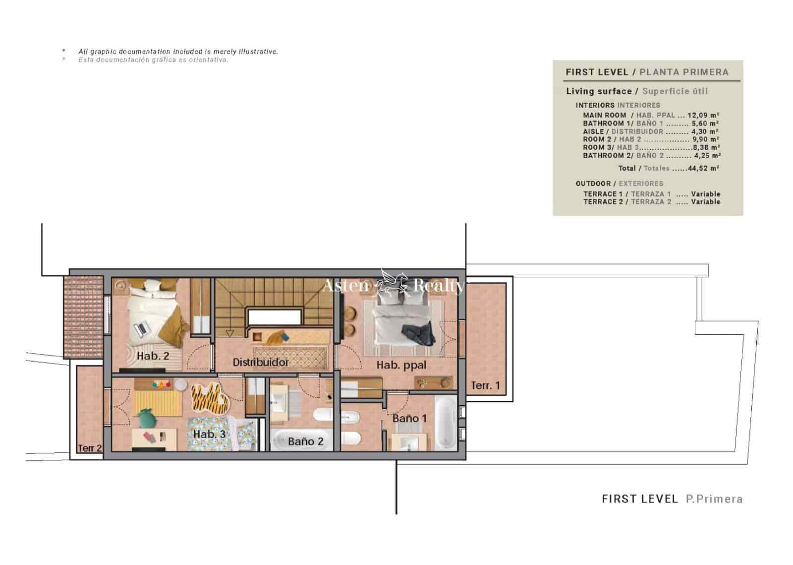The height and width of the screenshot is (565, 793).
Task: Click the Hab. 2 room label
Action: point(153,356)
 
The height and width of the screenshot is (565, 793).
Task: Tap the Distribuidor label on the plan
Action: point(261,363)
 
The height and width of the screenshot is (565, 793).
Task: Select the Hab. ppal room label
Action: point(401,366)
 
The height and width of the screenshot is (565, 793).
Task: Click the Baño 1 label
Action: point(409,419)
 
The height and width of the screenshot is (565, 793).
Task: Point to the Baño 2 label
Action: point(305,441)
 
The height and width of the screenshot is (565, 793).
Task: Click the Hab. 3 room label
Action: point(209,435)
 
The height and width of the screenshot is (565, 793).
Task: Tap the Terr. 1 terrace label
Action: point(485,385)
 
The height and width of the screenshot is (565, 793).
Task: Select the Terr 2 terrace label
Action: point(90,448)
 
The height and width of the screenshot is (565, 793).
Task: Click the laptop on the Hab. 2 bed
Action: point(141,328)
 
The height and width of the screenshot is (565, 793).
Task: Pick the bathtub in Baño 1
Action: point(446,422)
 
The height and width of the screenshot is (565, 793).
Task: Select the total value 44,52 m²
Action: point(703,168)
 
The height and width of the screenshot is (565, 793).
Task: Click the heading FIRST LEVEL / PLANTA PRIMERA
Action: point(647,72)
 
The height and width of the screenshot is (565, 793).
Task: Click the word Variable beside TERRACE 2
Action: point(706,202)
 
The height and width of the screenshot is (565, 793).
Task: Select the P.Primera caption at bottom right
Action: point(714,499)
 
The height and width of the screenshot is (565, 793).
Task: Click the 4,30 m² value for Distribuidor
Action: point(705,131)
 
